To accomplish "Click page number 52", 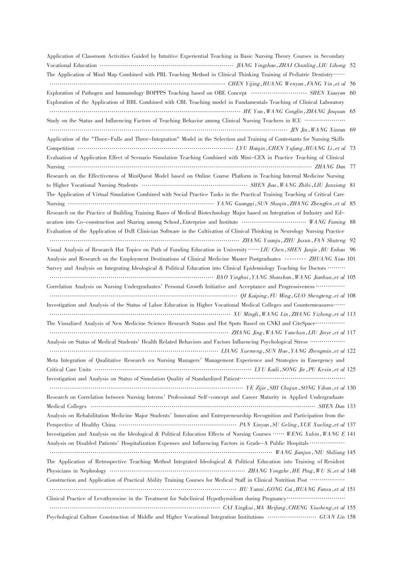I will pyautogui.click(x=352, y=65).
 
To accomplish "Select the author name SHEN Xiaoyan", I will pyautogui.click(x=327, y=93).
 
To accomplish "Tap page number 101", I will pyautogui.click(x=351, y=259).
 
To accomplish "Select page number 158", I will pyautogui.click(x=351, y=517).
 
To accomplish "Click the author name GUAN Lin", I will pyautogui.click(x=332, y=517).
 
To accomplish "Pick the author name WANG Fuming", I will pyautogui.click(x=327, y=222).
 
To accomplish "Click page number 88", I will pyautogui.click(x=352, y=222).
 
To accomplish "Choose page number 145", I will pyautogui.click(x=351, y=452).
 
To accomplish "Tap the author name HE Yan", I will pyautogui.click(x=253, y=111).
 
